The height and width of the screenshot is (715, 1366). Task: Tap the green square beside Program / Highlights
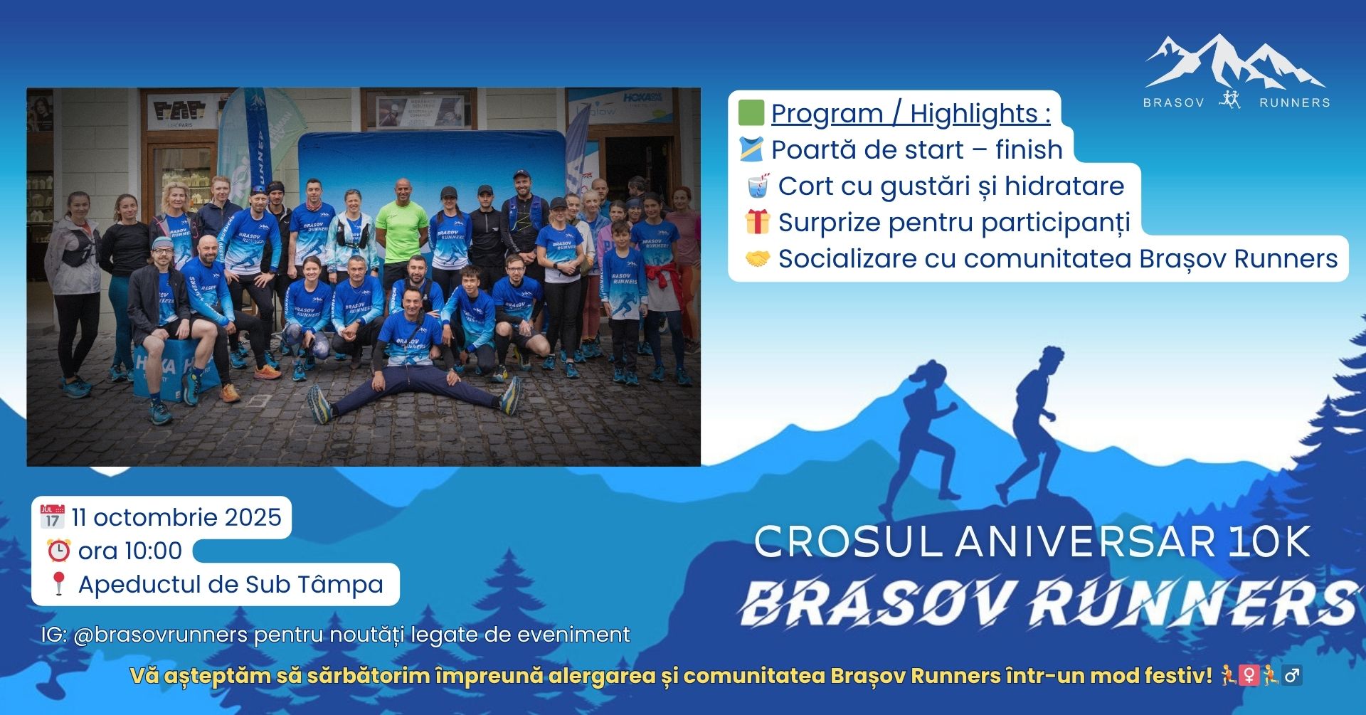click(751, 112)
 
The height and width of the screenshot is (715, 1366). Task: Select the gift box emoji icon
click(757, 222)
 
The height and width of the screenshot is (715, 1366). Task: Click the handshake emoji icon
click(757, 259)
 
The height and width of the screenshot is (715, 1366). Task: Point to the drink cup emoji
click(757, 186)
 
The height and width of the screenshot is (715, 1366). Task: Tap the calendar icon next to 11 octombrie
click(52, 517)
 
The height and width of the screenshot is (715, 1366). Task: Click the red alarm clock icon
click(58, 551)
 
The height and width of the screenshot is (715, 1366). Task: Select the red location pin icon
click(58, 584)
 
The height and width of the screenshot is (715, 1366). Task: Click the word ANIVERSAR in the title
click(1085, 542)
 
